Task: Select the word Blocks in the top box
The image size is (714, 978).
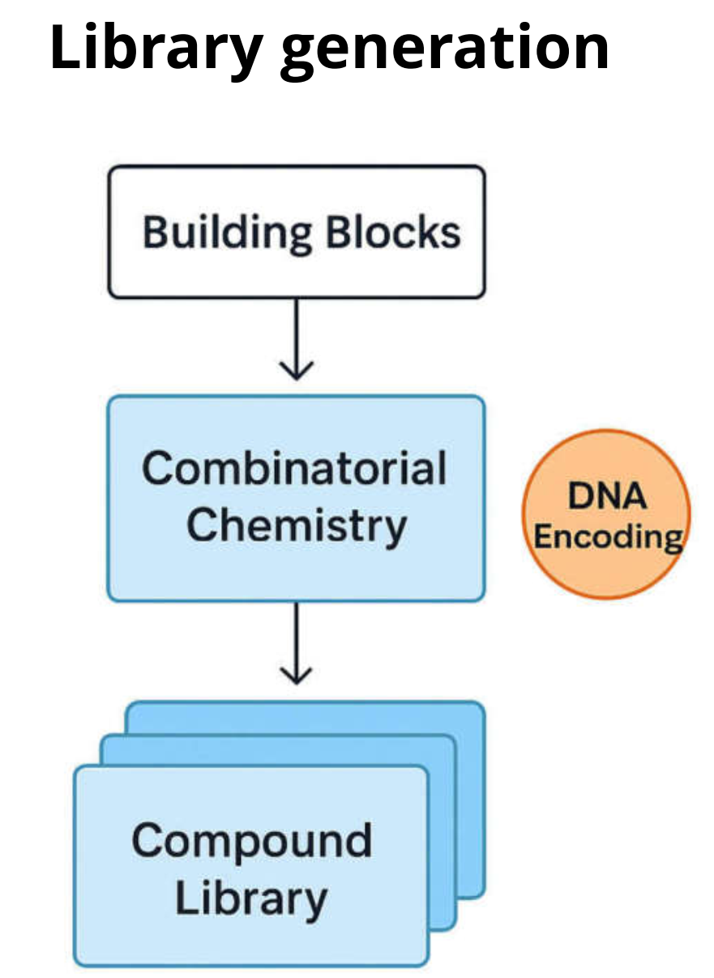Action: pos(393,232)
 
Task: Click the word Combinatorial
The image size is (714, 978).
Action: pos(294,468)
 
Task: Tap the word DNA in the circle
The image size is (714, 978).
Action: pos(607,494)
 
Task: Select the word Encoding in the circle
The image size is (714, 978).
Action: pos(608,536)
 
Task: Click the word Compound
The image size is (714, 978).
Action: pos(251,840)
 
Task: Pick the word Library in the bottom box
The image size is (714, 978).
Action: pos(251,898)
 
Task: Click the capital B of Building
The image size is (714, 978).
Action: pos(154,232)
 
